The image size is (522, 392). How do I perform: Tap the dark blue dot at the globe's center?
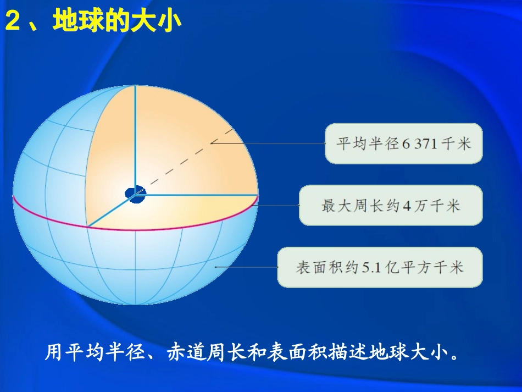pos(134,193)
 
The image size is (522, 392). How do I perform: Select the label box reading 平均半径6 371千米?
pos(404,143)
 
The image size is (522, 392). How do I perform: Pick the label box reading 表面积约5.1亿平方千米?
pos(380,267)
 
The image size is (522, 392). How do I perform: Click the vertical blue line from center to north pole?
pos(136,137)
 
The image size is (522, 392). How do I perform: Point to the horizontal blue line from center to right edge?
pos(198,195)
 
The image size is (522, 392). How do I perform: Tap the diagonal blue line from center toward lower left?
pos(110,211)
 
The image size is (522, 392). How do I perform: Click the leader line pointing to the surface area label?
pos(247,267)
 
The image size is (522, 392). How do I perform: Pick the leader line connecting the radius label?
pos(269,143)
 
